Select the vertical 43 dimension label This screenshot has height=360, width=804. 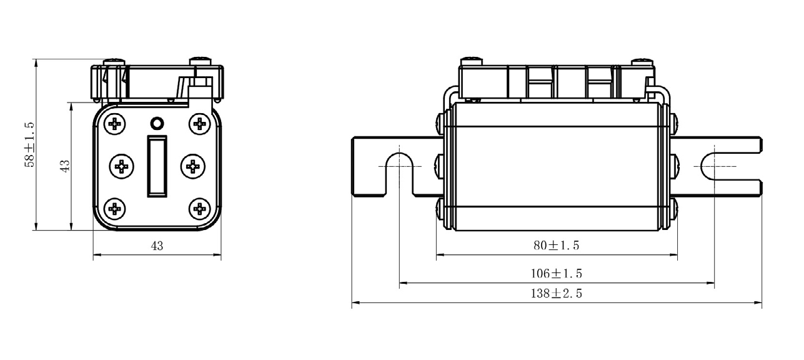click(64, 166)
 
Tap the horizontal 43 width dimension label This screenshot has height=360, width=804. click(157, 246)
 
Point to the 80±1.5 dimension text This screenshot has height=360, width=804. click(556, 246)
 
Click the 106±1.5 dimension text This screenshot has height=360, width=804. click(556, 274)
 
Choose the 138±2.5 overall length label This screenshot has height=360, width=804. click(556, 294)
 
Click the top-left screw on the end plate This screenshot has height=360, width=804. click(115, 124)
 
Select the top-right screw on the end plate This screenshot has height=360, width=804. click(199, 124)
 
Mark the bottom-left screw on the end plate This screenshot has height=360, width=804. click(115, 208)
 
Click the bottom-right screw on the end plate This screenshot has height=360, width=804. click(199, 208)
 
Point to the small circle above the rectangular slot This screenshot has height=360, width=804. click(157, 122)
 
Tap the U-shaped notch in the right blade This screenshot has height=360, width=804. click(715, 167)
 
